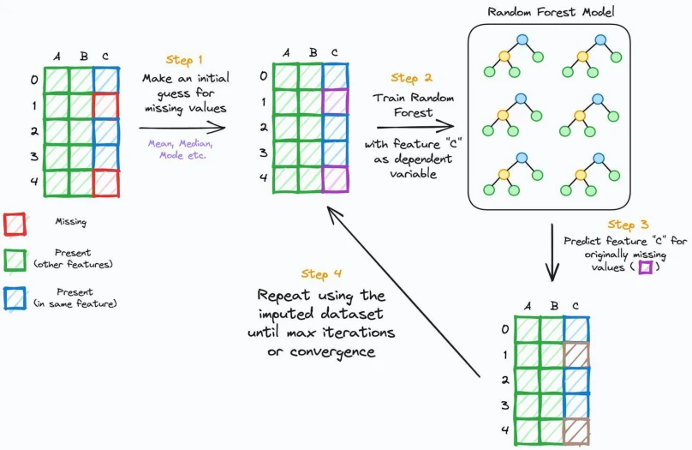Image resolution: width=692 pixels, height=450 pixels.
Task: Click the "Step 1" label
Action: coord(184,60)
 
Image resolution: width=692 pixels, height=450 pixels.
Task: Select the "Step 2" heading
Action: coord(411,78)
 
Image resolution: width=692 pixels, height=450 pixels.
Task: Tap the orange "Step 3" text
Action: coord(628,225)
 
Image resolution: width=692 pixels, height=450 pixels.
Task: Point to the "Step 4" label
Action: coord(321,273)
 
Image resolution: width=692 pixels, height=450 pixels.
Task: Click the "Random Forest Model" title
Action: coord(551,11)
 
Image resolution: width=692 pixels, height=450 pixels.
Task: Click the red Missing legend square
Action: coord(15,224)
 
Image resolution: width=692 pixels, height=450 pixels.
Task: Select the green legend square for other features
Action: coord(15,260)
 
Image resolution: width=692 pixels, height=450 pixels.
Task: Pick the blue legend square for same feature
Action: coord(15,298)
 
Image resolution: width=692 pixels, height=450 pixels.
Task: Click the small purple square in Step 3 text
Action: coord(646,267)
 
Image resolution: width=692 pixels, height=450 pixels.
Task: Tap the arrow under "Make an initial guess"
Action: coord(182,128)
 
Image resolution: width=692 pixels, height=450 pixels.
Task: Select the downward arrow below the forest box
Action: coord(552,252)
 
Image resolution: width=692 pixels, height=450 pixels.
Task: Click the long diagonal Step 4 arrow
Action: coord(403,292)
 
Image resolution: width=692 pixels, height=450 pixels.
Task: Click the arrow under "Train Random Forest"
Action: coord(415,127)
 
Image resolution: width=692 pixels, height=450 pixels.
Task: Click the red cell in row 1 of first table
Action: coord(106,105)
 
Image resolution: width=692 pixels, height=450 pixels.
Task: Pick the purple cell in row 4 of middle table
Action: coord(336,179)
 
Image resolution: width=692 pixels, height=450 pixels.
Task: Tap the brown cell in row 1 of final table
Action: coord(576,355)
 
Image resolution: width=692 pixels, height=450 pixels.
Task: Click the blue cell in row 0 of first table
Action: coord(106,80)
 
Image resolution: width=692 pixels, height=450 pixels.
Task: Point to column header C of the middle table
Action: coord(335,52)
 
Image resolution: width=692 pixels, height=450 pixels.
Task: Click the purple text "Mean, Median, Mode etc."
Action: coord(181,149)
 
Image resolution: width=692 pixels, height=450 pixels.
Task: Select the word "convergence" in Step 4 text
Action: coord(333,351)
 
